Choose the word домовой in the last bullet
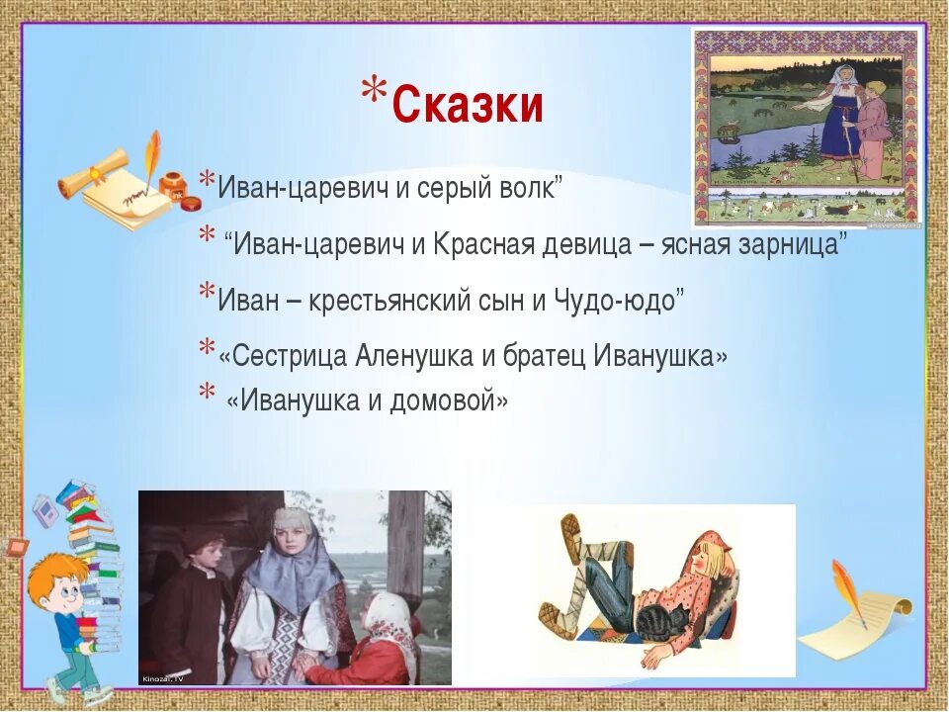tap(443, 400)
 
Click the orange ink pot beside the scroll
tap(172, 185)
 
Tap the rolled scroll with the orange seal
tap(94, 171)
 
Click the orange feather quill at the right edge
tap(847, 591)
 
